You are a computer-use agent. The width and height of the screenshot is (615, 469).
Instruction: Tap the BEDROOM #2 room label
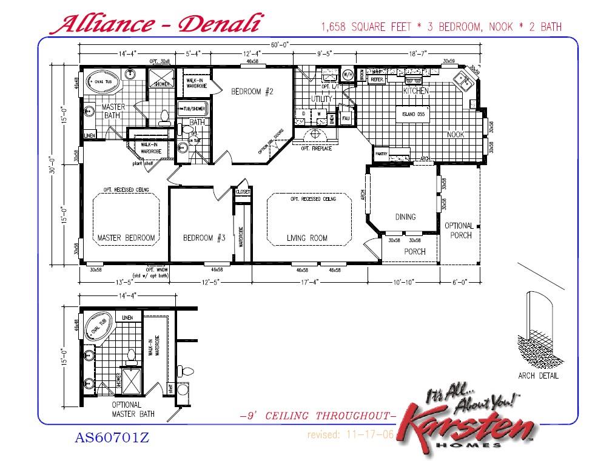pyautogui.click(x=253, y=92)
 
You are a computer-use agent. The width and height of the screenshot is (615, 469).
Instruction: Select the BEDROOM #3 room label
pyautogui.click(x=204, y=238)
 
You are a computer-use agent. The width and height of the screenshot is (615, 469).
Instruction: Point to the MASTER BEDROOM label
pyautogui.click(x=126, y=238)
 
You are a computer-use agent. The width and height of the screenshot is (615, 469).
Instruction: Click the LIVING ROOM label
pyautogui.click(x=307, y=238)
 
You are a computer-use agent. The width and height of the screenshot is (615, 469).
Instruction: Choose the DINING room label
pyautogui.click(x=405, y=217)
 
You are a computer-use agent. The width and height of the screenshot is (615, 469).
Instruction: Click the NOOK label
pyautogui.click(x=455, y=134)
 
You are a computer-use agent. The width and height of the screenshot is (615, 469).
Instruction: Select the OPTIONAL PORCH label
pyautogui.click(x=459, y=230)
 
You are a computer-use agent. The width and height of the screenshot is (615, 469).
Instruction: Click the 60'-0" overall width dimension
pyautogui.click(x=280, y=45)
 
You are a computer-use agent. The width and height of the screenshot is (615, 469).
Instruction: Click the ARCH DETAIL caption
pyautogui.click(x=538, y=376)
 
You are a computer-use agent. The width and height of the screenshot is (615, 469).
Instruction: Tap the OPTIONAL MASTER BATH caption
pyautogui.click(x=133, y=409)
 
